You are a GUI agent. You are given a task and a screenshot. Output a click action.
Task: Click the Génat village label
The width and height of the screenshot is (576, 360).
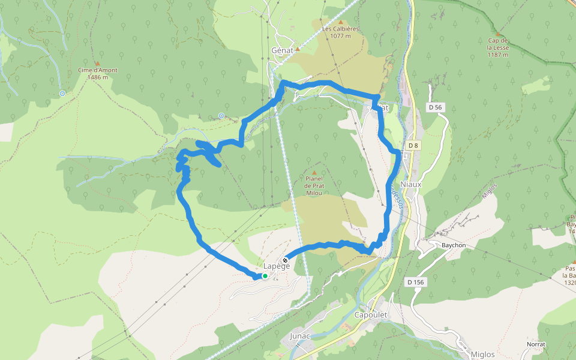(x=282, y=50)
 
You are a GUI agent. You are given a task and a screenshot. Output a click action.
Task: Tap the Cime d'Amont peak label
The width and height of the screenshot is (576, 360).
(x=97, y=73)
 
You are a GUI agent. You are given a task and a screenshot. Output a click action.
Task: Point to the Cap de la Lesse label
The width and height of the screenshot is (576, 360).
(x=497, y=47)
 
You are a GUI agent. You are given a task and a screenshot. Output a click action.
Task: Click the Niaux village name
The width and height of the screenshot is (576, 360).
(x=411, y=184)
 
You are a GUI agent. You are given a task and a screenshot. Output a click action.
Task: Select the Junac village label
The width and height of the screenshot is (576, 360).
(x=300, y=335)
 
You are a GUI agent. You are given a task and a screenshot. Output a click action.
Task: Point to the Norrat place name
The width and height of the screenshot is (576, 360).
(x=536, y=344)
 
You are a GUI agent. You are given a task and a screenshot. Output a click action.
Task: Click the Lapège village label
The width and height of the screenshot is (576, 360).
(x=277, y=266)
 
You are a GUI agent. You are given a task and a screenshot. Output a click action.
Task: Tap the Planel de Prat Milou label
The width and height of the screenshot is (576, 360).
(x=314, y=185)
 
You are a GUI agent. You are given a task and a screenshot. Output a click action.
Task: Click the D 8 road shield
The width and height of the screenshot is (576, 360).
(x=413, y=146)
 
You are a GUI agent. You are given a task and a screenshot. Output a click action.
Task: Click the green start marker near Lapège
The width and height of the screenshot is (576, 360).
(x=265, y=276)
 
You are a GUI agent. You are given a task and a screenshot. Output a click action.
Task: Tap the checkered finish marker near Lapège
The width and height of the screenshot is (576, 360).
(x=285, y=260)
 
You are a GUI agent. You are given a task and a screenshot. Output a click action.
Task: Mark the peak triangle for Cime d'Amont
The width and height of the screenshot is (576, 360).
(x=97, y=62)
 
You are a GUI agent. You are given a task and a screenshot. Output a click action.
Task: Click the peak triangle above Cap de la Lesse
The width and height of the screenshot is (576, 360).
(x=497, y=34)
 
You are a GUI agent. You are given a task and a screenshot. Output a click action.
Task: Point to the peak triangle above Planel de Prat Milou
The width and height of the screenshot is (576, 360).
(x=314, y=173)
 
